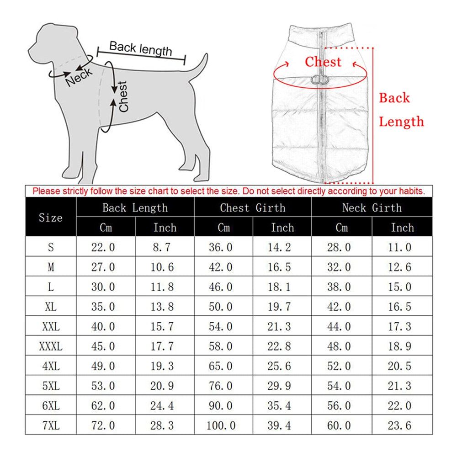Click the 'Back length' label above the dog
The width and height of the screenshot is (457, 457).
(x=141, y=48)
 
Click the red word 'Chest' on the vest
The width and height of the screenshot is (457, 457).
(x=323, y=62)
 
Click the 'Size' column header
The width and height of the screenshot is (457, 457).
(x=51, y=218)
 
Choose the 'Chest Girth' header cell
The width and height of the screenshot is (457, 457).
(x=253, y=208)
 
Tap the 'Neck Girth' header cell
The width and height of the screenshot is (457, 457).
(x=372, y=208)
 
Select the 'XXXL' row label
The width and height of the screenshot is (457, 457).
(x=51, y=346)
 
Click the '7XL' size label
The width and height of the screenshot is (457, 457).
(x=51, y=425)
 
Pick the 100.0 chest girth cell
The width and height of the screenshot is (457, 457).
(x=221, y=425)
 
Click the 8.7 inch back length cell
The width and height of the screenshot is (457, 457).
(x=162, y=247)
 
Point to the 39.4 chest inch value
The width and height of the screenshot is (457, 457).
(x=279, y=425)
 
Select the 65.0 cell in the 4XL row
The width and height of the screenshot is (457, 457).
(x=221, y=366)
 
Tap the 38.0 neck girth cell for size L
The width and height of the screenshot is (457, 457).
(x=339, y=287)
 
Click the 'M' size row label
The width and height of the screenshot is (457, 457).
(x=51, y=267)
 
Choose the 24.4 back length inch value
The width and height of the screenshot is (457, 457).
(x=162, y=406)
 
